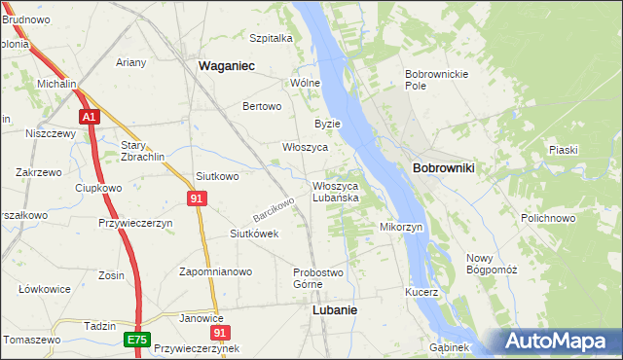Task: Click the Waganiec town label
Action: tap(227, 65)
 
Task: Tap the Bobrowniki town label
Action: tap(443, 168)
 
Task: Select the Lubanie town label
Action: tap(334, 309)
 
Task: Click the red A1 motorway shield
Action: tap(89, 117)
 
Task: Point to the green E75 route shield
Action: tap(137, 340)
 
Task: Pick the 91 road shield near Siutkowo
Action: tap(197, 198)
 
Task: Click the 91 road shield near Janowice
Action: tap(219, 332)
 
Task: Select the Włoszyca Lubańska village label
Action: tap(336, 191)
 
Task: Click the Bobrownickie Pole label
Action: tap(437, 80)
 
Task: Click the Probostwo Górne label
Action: tap(316, 277)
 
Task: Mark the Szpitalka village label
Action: tap(271, 38)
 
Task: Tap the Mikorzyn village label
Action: tap(401, 227)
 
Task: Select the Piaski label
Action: tap(563, 149)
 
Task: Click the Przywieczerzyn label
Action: tap(135, 223)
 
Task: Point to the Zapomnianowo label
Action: tap(215, 272)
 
